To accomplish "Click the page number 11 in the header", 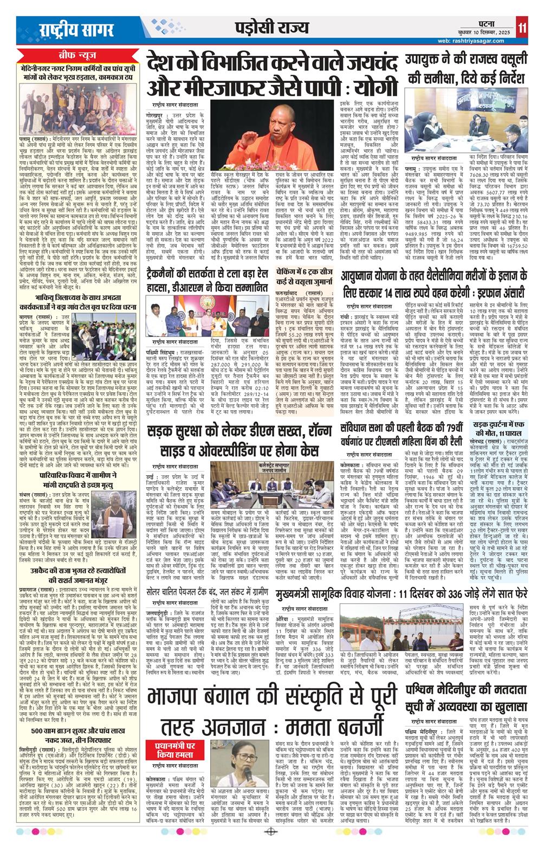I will [x=522, y=27].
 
